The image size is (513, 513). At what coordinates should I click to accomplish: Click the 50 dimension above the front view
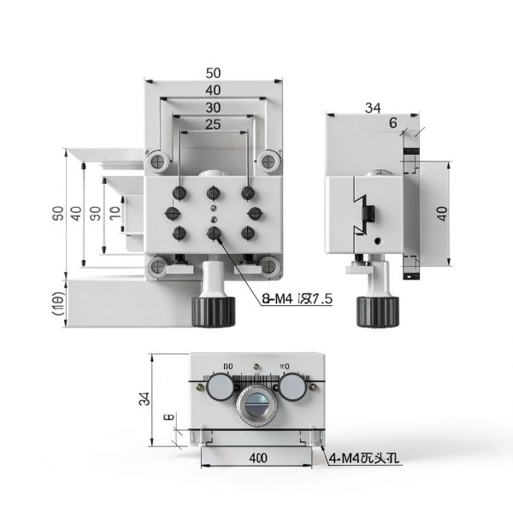[213, 73]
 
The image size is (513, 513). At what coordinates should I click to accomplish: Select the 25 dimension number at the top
[213, 125]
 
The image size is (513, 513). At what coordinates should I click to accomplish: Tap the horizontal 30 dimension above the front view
[213, 108]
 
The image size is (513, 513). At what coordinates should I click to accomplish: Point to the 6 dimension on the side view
[392, 123]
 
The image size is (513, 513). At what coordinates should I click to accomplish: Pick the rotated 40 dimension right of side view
[442, 213]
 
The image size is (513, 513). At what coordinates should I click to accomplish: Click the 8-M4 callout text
[296, 298]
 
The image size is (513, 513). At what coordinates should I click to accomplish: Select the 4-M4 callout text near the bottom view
[365, 457]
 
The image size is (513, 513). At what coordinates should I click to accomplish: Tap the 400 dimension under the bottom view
[257, 457]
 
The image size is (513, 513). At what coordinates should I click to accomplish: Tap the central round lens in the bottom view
[256, 403]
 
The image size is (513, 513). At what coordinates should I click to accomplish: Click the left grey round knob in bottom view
[220, 388]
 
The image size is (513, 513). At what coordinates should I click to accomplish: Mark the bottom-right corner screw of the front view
[270, 268]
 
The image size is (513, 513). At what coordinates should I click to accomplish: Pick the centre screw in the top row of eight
[213, 192]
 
